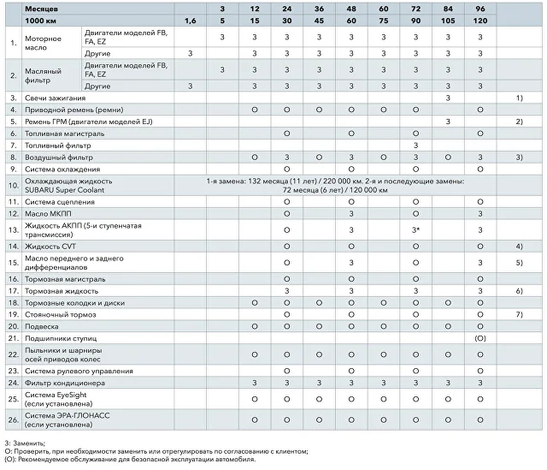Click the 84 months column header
pyautogui.click(x=448, y=9)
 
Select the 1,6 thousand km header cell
pyautogui.click(x=190, y=21)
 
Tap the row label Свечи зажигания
pyautogui.click(x=55, y=98)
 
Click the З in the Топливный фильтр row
pyautogui.click(x=415, y=146)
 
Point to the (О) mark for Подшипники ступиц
pyautogui.click(x=480, y=338)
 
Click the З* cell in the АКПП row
pyautogui.click(x=415, y=230)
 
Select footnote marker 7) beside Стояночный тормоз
pyautogui.click(x=519, y=314)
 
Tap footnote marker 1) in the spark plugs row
pyautogui.click(x=519, y=98)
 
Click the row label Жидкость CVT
pyautogui.click(x=50, y=247)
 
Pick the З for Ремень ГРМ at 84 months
pyautogui.click(x=448, y=122)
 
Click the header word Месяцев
pyautogui.click(x=41, y=9)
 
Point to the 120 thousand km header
pyautogui.click(x=480, y=21)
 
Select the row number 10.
pyautogui.click(x=14, y=185)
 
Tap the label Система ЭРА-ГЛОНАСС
pyautogui.click(x=67, y=415)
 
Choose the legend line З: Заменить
pyautogui.click(x=25, y=443)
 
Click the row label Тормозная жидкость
pyautogui.click(x=62, y=291)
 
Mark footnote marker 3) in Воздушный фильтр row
pyautogui.click(x=519, y=158)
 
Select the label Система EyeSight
pyautogui.click(x=56, y=395)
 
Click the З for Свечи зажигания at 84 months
pyautogui.click(x=448, y=98)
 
